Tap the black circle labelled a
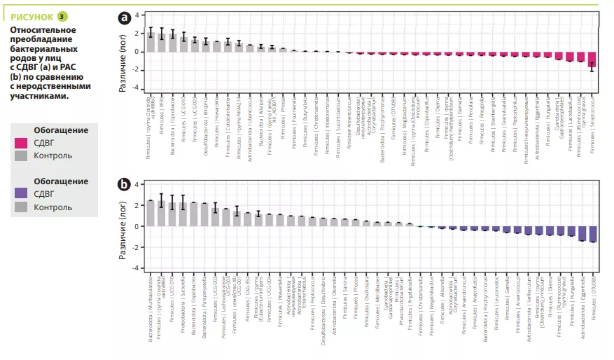tap(125, 18)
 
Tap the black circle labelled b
tap(125, 186)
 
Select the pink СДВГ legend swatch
tap(21, 143)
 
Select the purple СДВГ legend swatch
tap(21, 194)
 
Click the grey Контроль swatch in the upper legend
tap(21, 155)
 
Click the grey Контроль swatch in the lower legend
tap(21, 207)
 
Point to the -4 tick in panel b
tap(137, 268)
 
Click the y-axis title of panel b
tap(121, 226)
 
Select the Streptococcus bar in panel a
tap(592, 61)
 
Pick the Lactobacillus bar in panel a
tap(570, 57)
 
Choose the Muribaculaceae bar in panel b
tap(150, 213)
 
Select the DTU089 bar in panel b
tap(592, 234)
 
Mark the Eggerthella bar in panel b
tap(582, 233)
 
